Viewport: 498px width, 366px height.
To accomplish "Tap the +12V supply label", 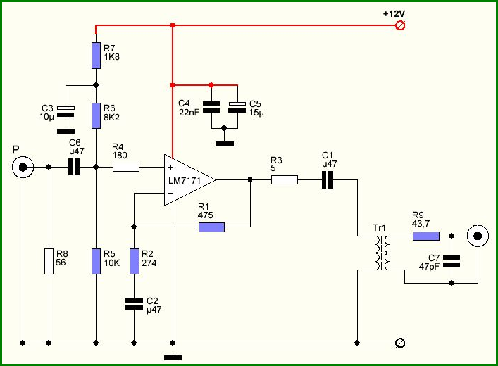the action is (394, 14).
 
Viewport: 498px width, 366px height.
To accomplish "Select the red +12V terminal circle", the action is (400, 25).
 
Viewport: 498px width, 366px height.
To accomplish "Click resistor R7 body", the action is (96, 55).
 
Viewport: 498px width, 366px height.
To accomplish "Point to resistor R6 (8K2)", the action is (96, 115).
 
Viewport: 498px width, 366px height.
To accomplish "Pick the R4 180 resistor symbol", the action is (126, 167).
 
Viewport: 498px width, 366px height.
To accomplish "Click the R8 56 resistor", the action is (49, 261).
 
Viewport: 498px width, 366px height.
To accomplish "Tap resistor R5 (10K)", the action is (96, 261).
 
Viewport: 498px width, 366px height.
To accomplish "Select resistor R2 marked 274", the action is (135, 261).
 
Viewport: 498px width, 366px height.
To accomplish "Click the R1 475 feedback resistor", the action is (211, 227).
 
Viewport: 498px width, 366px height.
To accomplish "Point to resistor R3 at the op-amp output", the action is (285, 180).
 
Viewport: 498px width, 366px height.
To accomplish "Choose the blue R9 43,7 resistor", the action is (426, 236).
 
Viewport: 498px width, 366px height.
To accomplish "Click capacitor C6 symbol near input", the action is (74, 167).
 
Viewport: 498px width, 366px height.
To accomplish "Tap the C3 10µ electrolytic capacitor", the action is (66, 111).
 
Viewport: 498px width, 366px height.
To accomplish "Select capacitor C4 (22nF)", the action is (211, 107).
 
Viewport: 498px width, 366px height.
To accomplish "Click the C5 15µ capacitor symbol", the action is (237, 107).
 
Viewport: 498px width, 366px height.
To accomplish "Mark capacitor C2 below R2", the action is (134, 304).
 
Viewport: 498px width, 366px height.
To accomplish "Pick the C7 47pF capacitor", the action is (452, 261).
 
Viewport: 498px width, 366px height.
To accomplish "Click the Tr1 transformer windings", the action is (382, 253).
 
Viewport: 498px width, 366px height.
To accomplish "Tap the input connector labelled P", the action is (23, 167).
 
